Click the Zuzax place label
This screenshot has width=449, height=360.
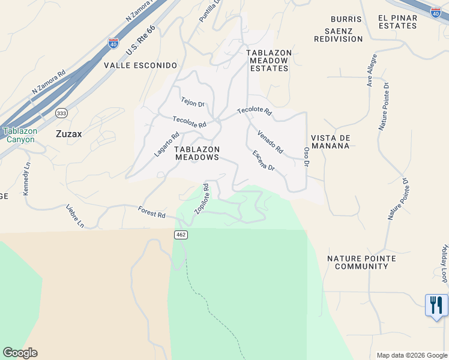pyautogui.click(x=69, y=134)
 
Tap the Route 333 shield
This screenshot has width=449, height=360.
pyautogui.click(x=61, y=113)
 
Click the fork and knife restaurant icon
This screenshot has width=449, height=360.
pyautogui.click(x=436, y=305)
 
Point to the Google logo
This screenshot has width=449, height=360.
pyautogui.click(x=20, y=353)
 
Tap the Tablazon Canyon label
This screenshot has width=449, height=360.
pyautogui.click(x=20, y=135)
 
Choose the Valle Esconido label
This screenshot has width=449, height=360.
pyautogui.click(x=140, y=65)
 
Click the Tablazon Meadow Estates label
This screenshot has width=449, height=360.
pyautogui.click(x=269, y=61)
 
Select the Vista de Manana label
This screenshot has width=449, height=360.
pyautogui.click(x=330, y=142)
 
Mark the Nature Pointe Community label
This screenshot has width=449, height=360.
pyautogui.click(x=361, y=262)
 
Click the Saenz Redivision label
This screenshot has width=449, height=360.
pyautogui.click(x=339, y=35)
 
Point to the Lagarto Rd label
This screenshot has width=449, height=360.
pyautogui.click(x=166, y=145)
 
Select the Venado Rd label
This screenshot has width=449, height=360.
pyautogui.click(x=270, y=141)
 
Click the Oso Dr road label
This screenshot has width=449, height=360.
pyautogui.click(x=306, y=155)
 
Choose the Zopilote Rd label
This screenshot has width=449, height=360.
pyautogui.click(x=202, y=199)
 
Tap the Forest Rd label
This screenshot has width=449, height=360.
pyautogui.click(x=151, y=212)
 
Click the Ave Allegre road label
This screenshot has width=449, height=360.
pyautogui.click(x=373, y=70)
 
